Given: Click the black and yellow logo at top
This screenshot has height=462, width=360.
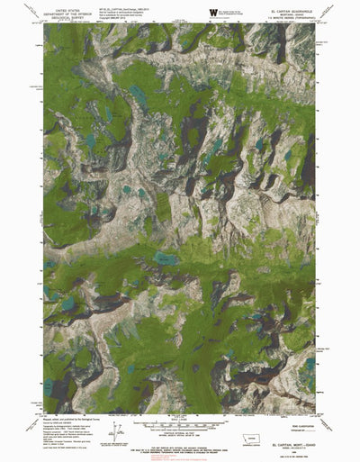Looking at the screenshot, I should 212,12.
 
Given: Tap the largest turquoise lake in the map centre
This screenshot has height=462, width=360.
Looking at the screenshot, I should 165,258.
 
